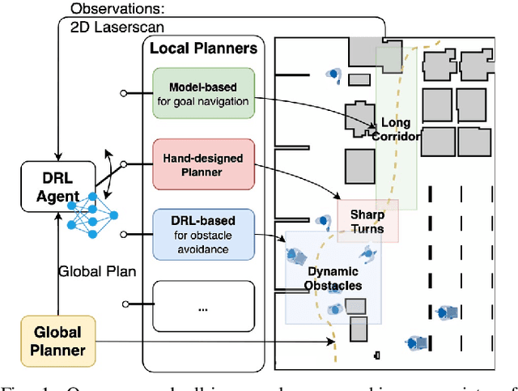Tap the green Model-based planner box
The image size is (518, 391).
point(202,93)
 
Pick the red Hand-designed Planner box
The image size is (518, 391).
point(202,163)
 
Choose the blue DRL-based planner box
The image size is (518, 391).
point(202,233)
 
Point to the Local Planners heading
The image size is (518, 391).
point(203,49)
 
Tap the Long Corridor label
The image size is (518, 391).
point(396,130)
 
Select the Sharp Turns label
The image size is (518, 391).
point(367,222)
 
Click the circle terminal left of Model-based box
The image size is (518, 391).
point(123,93)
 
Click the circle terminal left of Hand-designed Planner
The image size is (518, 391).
point(123,163)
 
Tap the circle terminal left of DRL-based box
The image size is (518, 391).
point(123,234)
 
